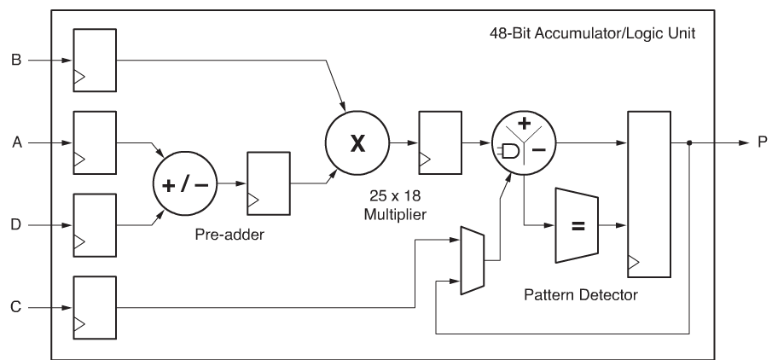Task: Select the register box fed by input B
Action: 95,61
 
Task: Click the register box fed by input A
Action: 95,142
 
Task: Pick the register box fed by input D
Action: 95,224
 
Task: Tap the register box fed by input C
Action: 95,305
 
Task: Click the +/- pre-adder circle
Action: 185,185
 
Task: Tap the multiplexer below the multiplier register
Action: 473,260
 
